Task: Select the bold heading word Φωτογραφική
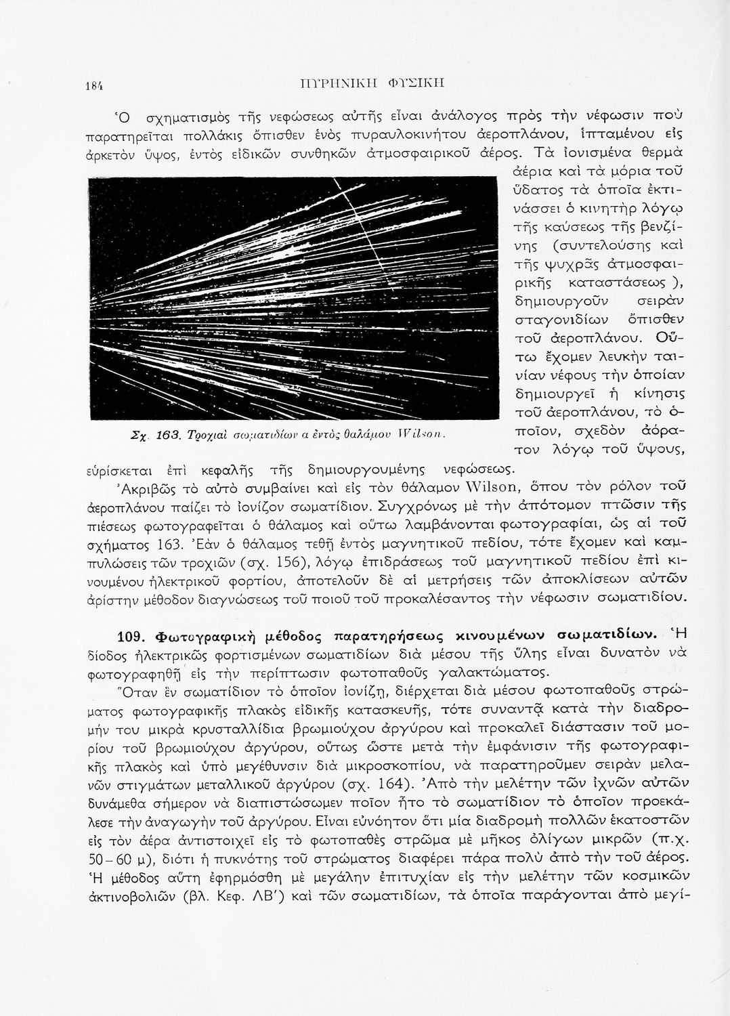206,635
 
